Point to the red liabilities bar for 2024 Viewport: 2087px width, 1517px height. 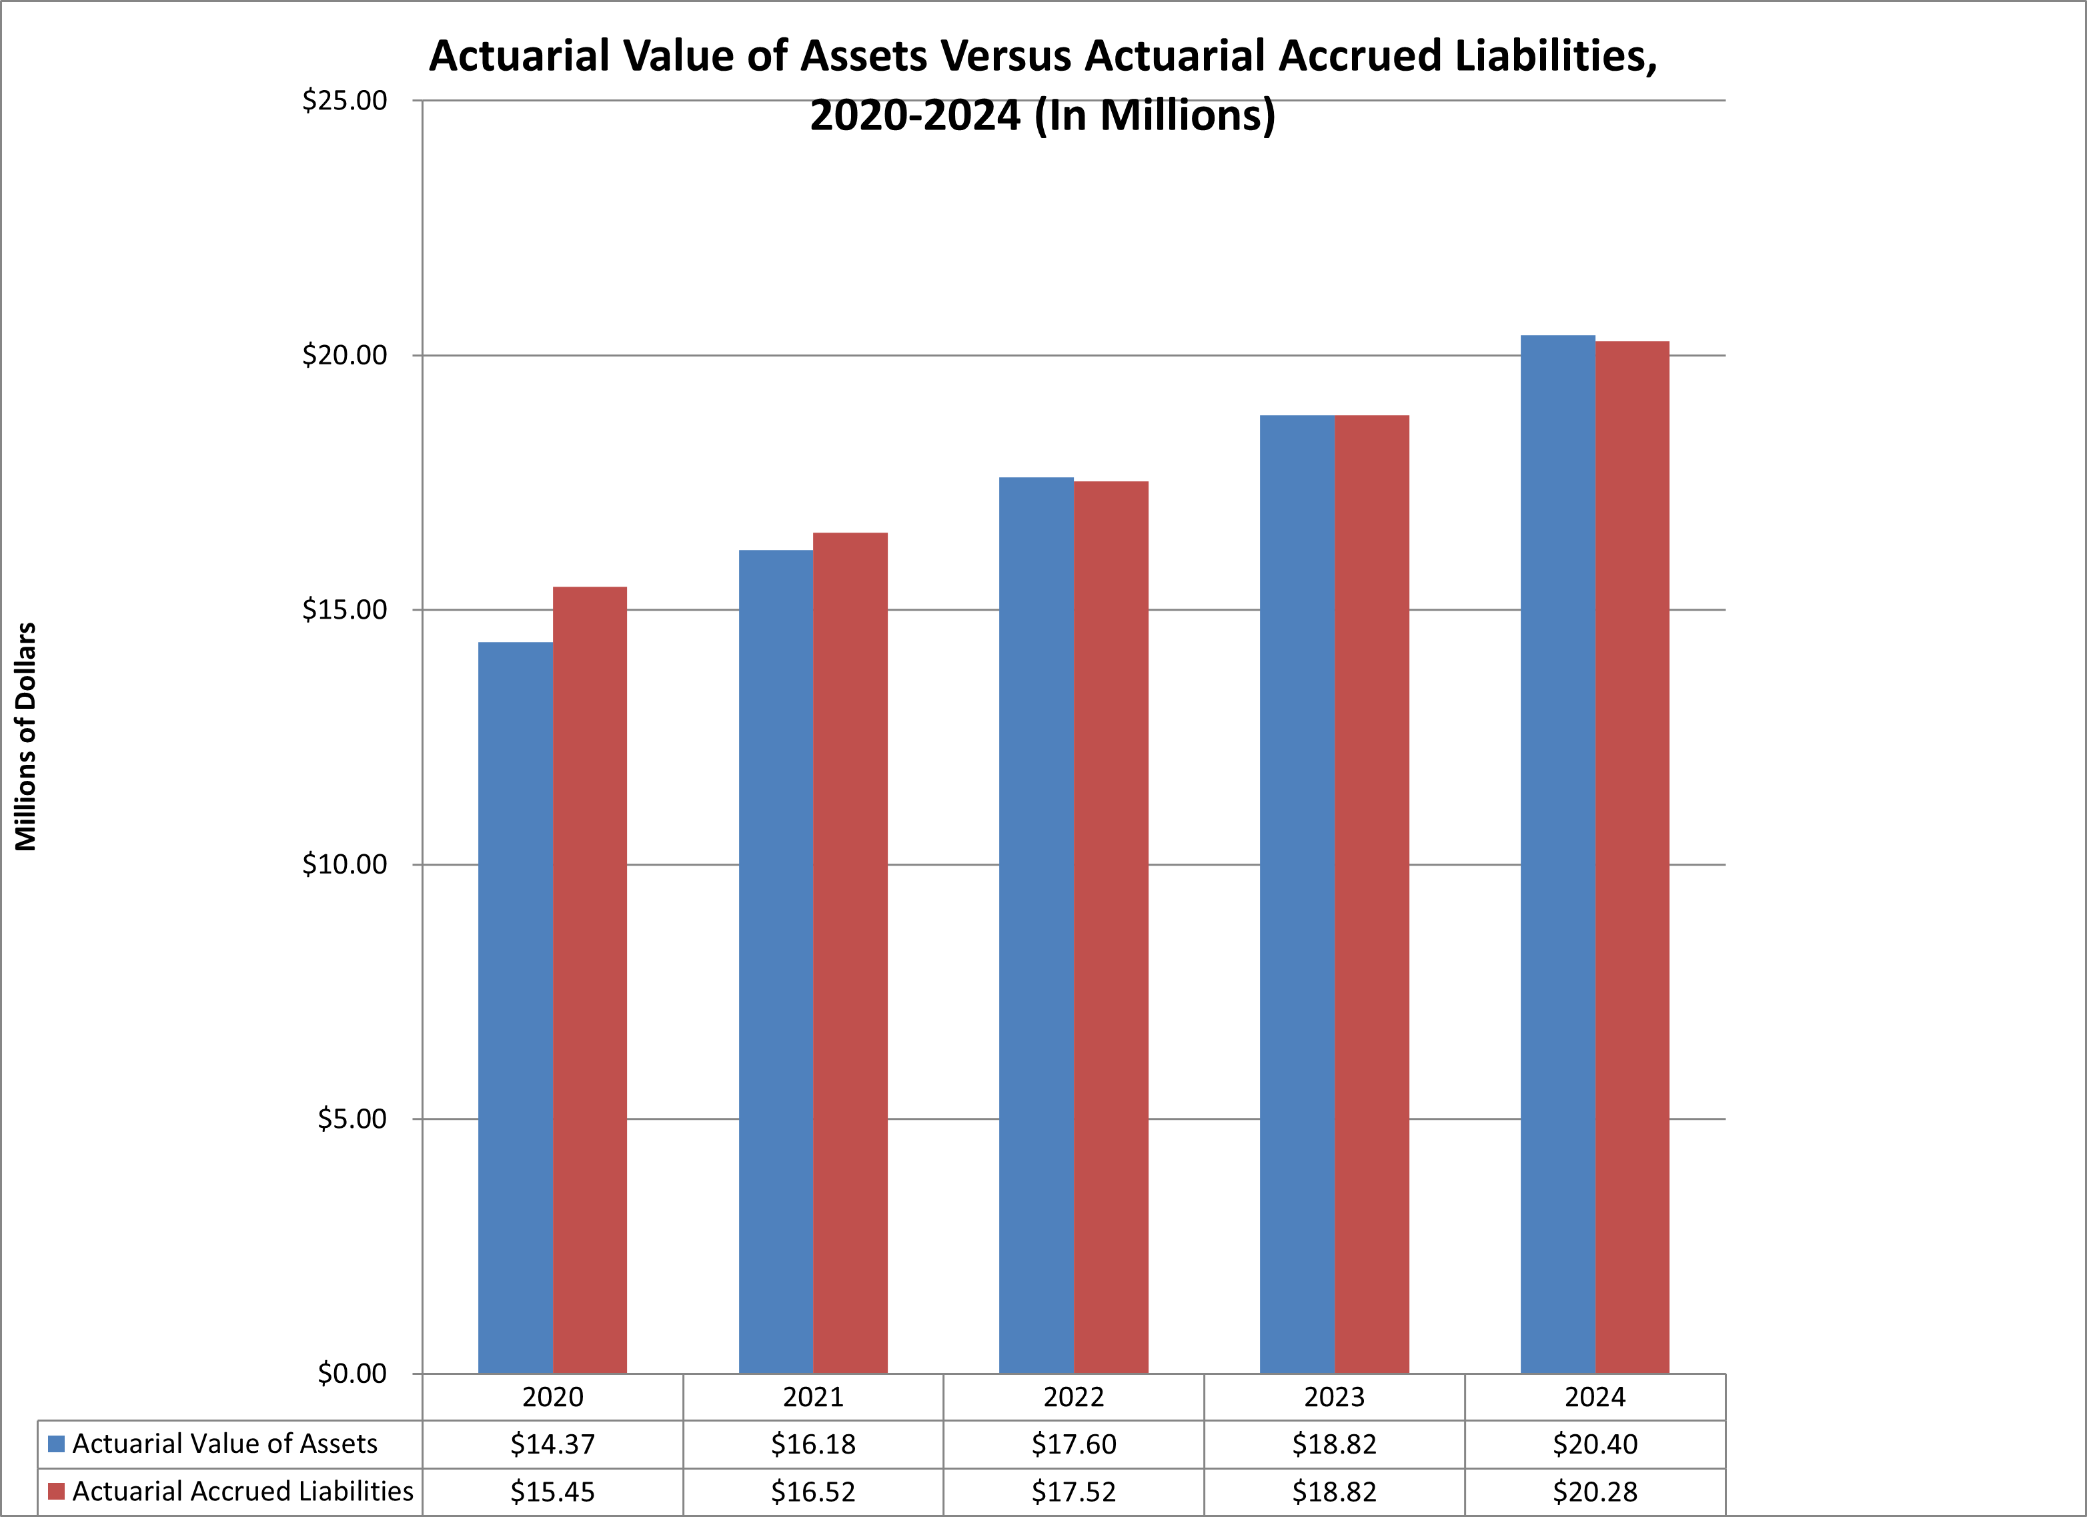(1631, 856)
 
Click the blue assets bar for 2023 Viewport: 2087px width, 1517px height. (1297, 893)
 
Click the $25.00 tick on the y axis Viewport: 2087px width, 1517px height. (345, 100)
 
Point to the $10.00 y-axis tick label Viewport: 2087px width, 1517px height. (345, 864)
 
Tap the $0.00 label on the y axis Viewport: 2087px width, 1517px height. (352, 1374)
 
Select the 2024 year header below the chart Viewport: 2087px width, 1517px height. (1595, 1398)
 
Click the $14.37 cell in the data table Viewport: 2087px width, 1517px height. (552, 1444)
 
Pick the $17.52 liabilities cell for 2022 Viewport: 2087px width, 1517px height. (1073, 1492)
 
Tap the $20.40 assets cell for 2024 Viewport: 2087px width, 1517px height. (1595, 1444)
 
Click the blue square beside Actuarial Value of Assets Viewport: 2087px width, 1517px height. (56, 1444)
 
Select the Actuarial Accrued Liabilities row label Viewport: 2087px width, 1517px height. (243, 1491)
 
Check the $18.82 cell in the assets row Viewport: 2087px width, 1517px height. (1333, 1444)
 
